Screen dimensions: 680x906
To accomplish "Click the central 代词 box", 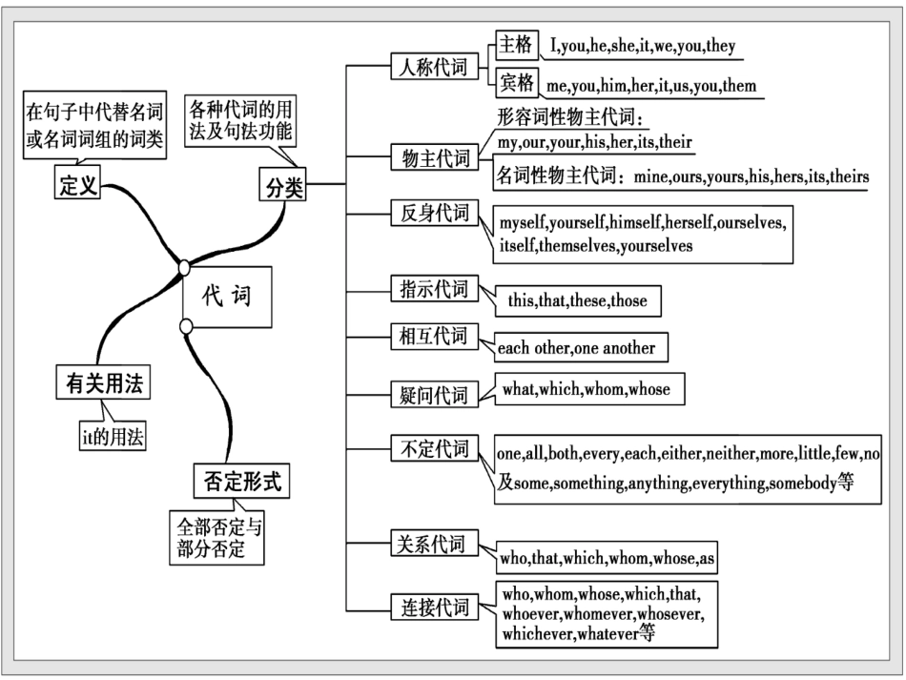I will [x=227, y=297].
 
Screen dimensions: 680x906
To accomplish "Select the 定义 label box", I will [x=78, y=185].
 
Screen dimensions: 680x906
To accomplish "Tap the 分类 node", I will [x=282, y=185].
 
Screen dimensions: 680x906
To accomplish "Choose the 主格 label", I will [x=517, y=45].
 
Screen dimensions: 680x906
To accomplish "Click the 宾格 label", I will [x=517, y=82].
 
